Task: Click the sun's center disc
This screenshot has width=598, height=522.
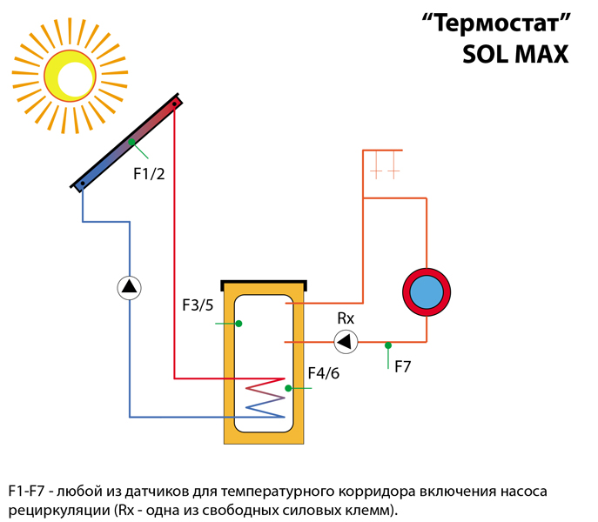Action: pos(70,76)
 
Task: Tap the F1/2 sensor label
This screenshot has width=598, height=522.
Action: pos(149,174)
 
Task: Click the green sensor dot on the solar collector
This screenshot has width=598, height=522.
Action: pos(131,142)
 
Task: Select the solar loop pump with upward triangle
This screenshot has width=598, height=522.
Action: pos(130,287)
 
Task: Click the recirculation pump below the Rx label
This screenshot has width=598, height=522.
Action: pos(346,341)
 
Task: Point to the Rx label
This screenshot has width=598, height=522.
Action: pos(346,318)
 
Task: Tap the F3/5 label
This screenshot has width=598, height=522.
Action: pos(198,305)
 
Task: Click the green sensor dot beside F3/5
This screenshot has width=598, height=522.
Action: pos(239,324)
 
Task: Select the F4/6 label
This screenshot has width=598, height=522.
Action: pos(324,373)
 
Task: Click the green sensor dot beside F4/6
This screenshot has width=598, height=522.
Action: pos(288,388)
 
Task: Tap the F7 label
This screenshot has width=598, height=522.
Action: pos(403,367)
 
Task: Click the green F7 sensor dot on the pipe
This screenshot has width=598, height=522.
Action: pos(388,345)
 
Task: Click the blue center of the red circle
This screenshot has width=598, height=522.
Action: pos(427,291)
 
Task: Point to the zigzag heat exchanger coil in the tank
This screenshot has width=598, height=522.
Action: pos(265,398)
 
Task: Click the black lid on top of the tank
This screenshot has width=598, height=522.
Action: pos(264,284)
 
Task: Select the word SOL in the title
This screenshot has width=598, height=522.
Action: pos(485,55)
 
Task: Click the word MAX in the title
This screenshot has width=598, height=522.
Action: pos(541,55)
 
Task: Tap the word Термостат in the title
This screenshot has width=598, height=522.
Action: pos(496,23)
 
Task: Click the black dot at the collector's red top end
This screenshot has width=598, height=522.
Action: pos(174,104)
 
